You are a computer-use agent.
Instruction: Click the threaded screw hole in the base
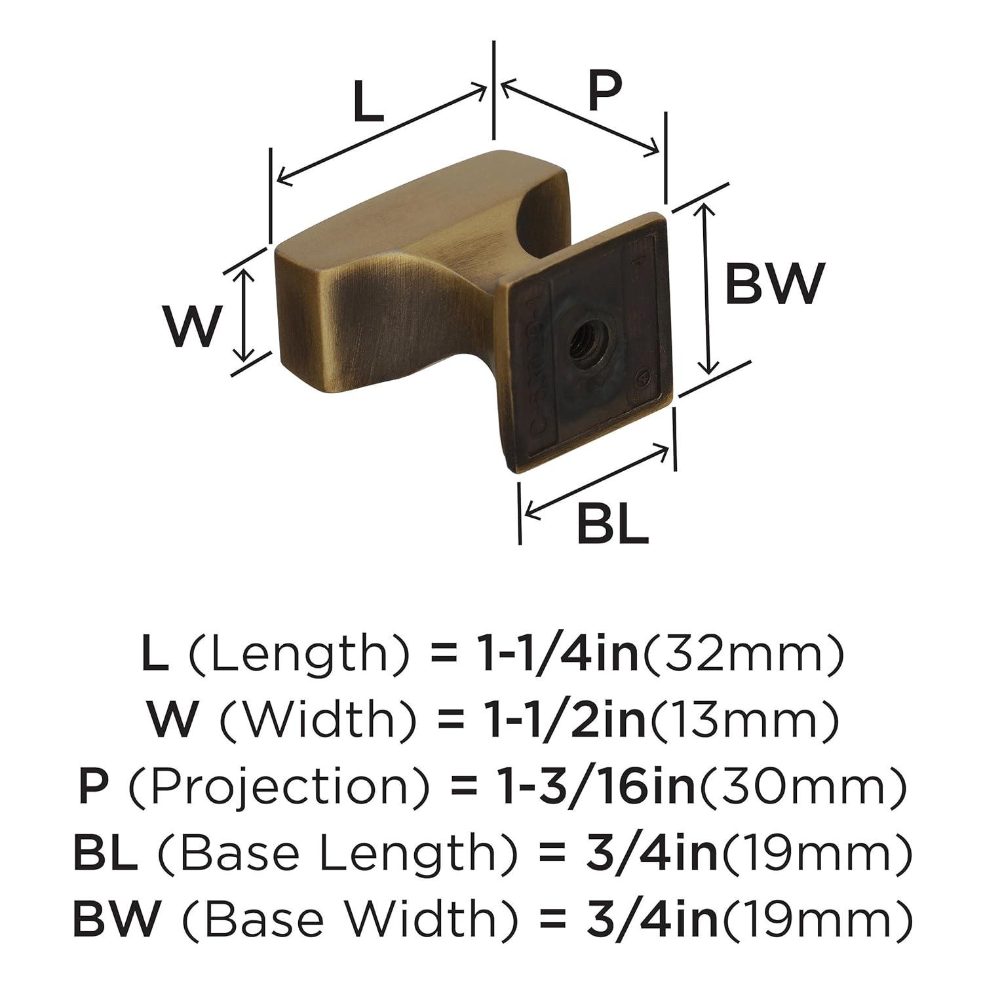point(582,339)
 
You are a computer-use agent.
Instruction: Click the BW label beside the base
point(773,283)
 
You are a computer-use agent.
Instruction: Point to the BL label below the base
point(612,524)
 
